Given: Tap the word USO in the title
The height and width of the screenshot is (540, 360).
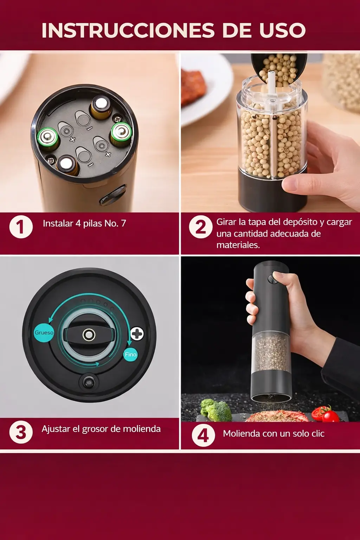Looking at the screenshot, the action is pyautogui.click(x=282, y=30).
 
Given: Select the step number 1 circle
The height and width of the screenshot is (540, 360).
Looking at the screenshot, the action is pyautogui.click(x=21, y=227).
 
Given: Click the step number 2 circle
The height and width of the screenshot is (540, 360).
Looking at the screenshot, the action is pyautogui.click(x=201, y=227).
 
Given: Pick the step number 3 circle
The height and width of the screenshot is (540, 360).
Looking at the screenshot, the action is pyautogui.click(x=21, y=432).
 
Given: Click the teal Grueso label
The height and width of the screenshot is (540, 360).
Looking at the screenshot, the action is pyautogui.click(x=44, y=333).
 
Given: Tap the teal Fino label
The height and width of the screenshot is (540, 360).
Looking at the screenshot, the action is pyautogui.click(x=130, y=354).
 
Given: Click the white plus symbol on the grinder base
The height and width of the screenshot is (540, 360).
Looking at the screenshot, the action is pyautogui.click(x=137, y=334).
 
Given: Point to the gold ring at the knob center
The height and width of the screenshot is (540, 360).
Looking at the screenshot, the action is pyautogui.click(x=89, y=335).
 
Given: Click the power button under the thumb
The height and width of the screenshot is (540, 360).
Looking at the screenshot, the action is pyautogui.click(x=272, y=279).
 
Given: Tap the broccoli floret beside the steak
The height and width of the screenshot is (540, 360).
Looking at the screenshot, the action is pyautogui.click(x=215, y=410).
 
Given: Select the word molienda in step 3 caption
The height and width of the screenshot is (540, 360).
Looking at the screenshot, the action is pyautogui.click(x=142, y=429).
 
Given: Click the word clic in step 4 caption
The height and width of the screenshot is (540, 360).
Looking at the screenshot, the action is pyautogui.click(x=318, y=434).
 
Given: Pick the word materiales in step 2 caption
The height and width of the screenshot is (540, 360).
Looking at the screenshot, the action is pyautogui.click(x=238, y=245).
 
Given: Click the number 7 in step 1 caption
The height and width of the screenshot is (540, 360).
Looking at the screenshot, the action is pyautogui.click(x=123, y=224).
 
